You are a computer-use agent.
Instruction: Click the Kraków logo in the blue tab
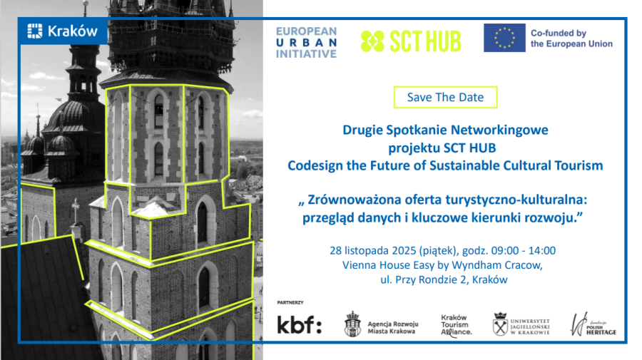tap(62, 31)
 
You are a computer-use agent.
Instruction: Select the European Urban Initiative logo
tap(306, 43)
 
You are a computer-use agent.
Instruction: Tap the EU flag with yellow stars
tap(504, 38)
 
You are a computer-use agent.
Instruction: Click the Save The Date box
tap(445, 98)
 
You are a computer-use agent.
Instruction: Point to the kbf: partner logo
tap(300, 324)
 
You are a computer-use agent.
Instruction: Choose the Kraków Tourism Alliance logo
tap(456, 326)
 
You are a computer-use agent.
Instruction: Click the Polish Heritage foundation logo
tap(593, 324)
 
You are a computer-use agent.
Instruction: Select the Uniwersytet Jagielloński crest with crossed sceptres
tap(500, 324)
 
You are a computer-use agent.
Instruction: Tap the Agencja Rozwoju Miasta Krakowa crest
tap(352, 324)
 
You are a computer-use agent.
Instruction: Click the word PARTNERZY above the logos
tap(290, 303)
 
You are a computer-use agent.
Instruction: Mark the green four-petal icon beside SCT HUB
tap(372, 41)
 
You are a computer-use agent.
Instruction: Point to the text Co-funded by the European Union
tap(571, 38)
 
